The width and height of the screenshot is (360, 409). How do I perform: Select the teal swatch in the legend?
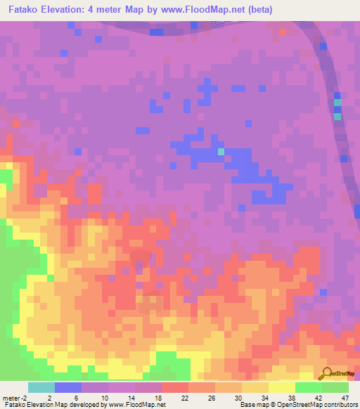coord(41,387)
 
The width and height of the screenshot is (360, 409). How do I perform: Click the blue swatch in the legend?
coord(68,387)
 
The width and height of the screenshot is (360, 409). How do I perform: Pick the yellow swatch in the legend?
coord(282,387)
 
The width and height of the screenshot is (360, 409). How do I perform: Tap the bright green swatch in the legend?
coord(309,387)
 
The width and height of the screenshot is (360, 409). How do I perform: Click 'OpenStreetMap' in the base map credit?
coord(288,405)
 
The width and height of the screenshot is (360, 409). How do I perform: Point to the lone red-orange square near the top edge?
coord(283,32)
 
